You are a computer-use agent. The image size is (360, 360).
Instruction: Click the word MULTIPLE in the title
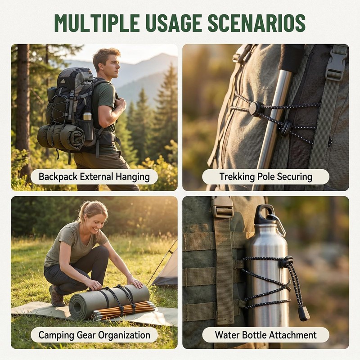(97, 23)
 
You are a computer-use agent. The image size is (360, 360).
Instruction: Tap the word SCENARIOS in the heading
(256, 23)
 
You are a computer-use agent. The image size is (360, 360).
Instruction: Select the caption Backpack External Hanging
(94, 177)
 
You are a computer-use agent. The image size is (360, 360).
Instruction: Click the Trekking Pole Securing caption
(265, 177)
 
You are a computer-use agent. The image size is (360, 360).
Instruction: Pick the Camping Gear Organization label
(94, 335)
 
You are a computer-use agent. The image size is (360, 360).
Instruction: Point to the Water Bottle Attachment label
(265, 335)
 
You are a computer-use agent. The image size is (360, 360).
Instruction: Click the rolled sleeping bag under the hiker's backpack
(61, 137)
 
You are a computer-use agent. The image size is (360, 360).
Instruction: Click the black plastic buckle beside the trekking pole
(336, 67)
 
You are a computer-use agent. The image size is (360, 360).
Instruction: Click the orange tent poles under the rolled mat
(124, 310)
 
